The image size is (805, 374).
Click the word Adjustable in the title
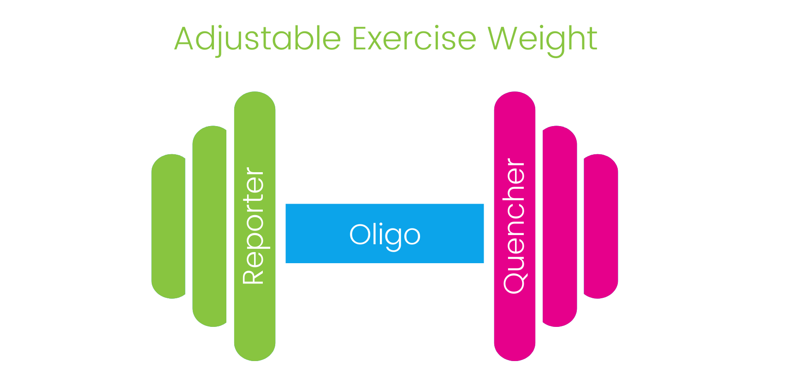(x=257, y=39)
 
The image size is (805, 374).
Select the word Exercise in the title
(x=414, y=39)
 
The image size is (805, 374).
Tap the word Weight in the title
(x=542, y=39)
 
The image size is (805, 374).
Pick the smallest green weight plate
(x=168, y=226)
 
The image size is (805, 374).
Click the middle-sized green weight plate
(x=209, y=226)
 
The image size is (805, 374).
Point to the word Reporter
(x=253, y=225)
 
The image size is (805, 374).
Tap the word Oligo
(x=385, y=235)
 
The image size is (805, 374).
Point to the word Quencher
(x=514, y=225)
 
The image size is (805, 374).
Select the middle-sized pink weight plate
(x=560, y=226)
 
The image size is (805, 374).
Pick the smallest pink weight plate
(x=601, y=226)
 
